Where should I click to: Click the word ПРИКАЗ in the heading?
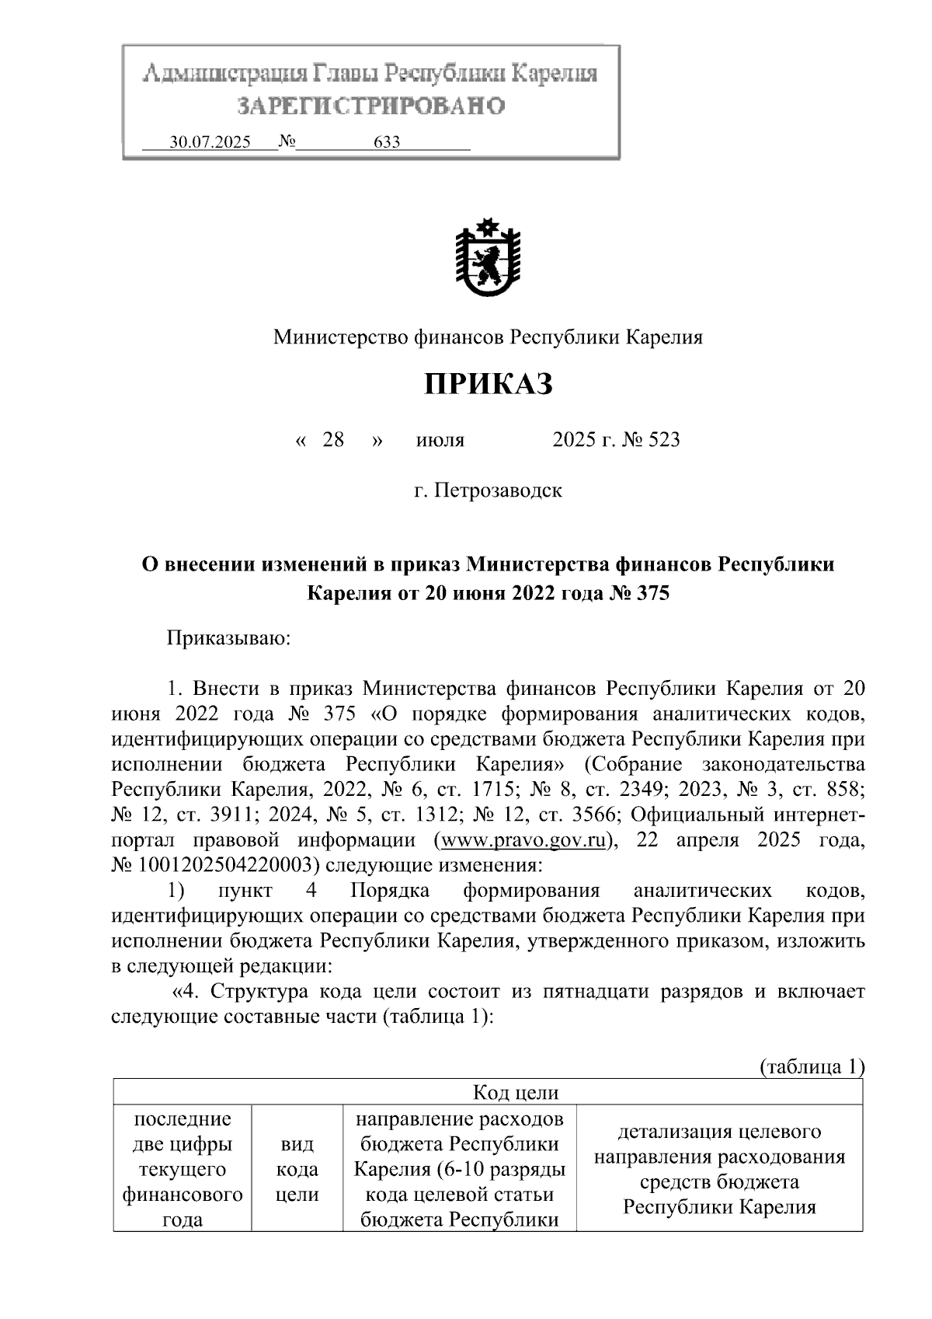[x=488, y=384]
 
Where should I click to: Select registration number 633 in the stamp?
[x=387, y=142]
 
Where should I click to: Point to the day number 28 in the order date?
[x=333, y=440]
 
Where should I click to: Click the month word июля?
[x=440, y=441]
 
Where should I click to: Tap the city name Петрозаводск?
[x=497, y=491]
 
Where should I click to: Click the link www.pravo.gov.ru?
[x=521, y=840]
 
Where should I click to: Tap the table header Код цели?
[x=516, y=1092]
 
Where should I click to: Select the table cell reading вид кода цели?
[x=297, y=1169]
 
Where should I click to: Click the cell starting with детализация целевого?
[x=719, y=1169]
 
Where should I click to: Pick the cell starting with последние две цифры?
[x=183, y=1169]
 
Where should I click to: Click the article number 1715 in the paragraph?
[x=493, y=790]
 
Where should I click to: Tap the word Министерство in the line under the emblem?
[x=336, y=337]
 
